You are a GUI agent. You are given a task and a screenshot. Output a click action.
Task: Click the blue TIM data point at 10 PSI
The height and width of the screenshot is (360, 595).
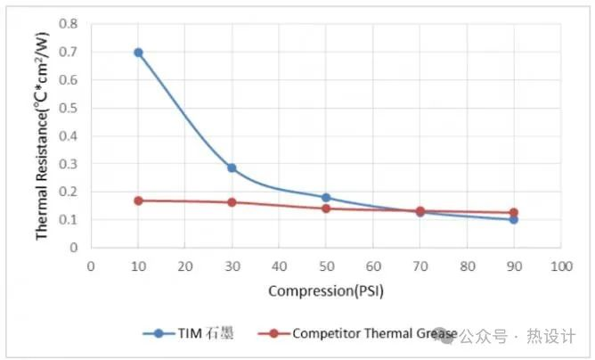138,53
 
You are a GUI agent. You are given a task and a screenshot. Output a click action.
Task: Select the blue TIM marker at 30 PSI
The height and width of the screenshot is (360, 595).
232,168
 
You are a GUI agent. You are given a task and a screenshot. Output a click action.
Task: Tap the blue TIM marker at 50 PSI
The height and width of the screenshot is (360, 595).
326,197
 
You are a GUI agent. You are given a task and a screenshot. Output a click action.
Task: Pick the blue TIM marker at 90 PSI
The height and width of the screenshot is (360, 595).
514,219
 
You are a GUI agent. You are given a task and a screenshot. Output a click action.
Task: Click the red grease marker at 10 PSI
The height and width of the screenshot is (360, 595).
138,200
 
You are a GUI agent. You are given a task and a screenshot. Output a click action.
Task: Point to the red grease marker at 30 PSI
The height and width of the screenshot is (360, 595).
232,202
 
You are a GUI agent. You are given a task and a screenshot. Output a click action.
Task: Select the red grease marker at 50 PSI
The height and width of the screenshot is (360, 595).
326,209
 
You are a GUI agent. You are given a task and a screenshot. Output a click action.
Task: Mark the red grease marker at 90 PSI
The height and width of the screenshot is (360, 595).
514,213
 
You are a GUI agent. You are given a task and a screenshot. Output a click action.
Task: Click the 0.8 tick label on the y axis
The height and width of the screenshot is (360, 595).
67,23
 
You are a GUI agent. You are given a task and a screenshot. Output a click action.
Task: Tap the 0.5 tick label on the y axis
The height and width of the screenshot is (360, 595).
67,108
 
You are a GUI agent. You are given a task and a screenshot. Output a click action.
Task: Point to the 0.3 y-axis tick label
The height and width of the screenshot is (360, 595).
67,164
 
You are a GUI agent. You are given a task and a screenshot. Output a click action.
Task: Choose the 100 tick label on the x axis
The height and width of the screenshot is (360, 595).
560,266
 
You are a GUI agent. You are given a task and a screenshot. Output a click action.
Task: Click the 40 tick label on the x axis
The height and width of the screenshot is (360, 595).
279,266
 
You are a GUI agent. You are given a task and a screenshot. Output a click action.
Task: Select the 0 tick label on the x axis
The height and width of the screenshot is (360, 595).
91,266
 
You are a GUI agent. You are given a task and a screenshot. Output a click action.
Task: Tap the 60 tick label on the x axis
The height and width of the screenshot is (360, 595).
372,266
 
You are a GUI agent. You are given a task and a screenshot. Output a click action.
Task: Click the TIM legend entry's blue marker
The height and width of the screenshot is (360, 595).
159,334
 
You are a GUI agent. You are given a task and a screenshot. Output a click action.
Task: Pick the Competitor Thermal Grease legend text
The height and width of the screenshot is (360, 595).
374,334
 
